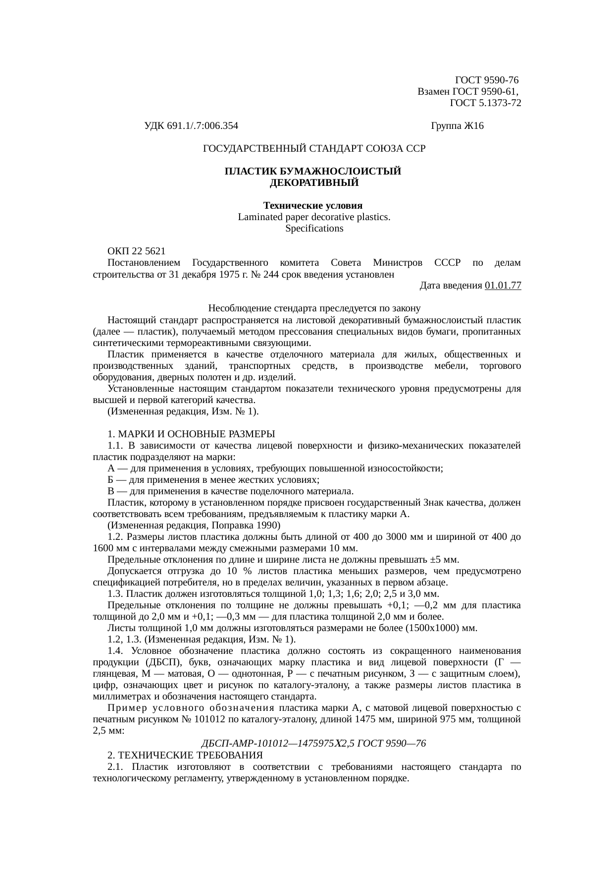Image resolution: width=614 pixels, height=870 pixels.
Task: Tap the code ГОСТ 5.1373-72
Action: click(x=485, y=103)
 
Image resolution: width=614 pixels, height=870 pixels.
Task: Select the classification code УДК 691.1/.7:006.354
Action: click(x=191, y=126)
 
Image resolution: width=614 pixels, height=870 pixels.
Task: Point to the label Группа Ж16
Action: click(x=458, y=126)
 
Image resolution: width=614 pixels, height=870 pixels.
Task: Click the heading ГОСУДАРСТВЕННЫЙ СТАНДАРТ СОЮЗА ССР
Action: click(x=314, y=148)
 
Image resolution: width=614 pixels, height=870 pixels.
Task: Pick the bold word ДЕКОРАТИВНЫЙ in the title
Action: click(x=314, y=183)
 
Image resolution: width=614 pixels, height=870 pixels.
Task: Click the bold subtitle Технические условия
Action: click(x=313, y=206)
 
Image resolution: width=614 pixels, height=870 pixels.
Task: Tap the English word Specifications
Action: click(x=314, y=229)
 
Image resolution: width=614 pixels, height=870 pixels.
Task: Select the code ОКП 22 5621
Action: click(x=137, y=251)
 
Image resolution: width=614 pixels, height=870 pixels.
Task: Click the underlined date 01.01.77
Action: click(x=503, y=286)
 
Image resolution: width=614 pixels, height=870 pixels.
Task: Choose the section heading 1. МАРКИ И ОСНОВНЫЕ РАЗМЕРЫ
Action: click(x=191, y=434)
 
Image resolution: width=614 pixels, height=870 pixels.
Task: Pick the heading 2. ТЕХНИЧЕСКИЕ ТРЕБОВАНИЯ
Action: click(x=185, y=755)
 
